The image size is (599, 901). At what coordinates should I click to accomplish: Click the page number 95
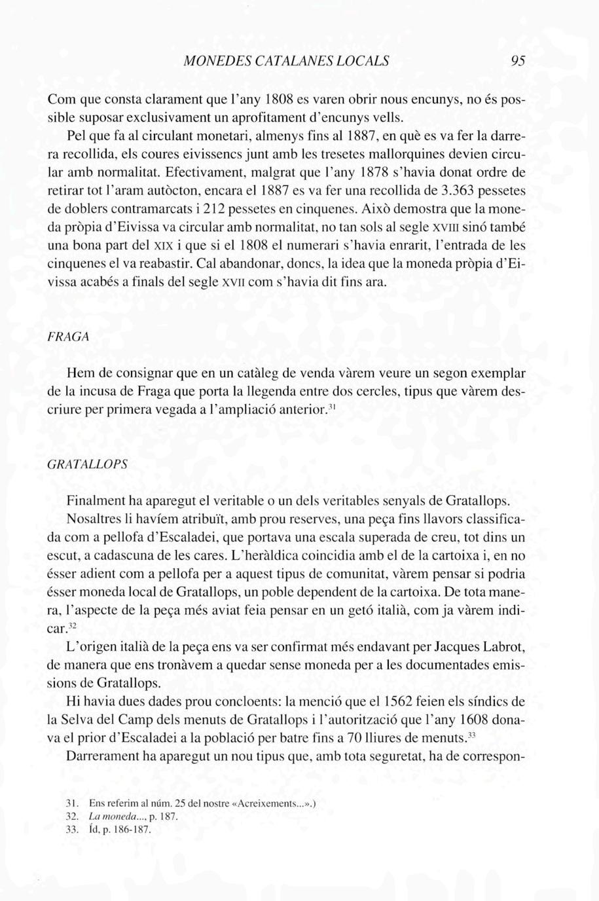point(518,62)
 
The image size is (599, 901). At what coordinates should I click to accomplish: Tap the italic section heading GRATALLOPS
point(87,463)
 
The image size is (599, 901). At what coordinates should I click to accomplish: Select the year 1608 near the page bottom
point(464,719)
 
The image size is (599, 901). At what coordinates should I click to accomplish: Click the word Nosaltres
point(97,521)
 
